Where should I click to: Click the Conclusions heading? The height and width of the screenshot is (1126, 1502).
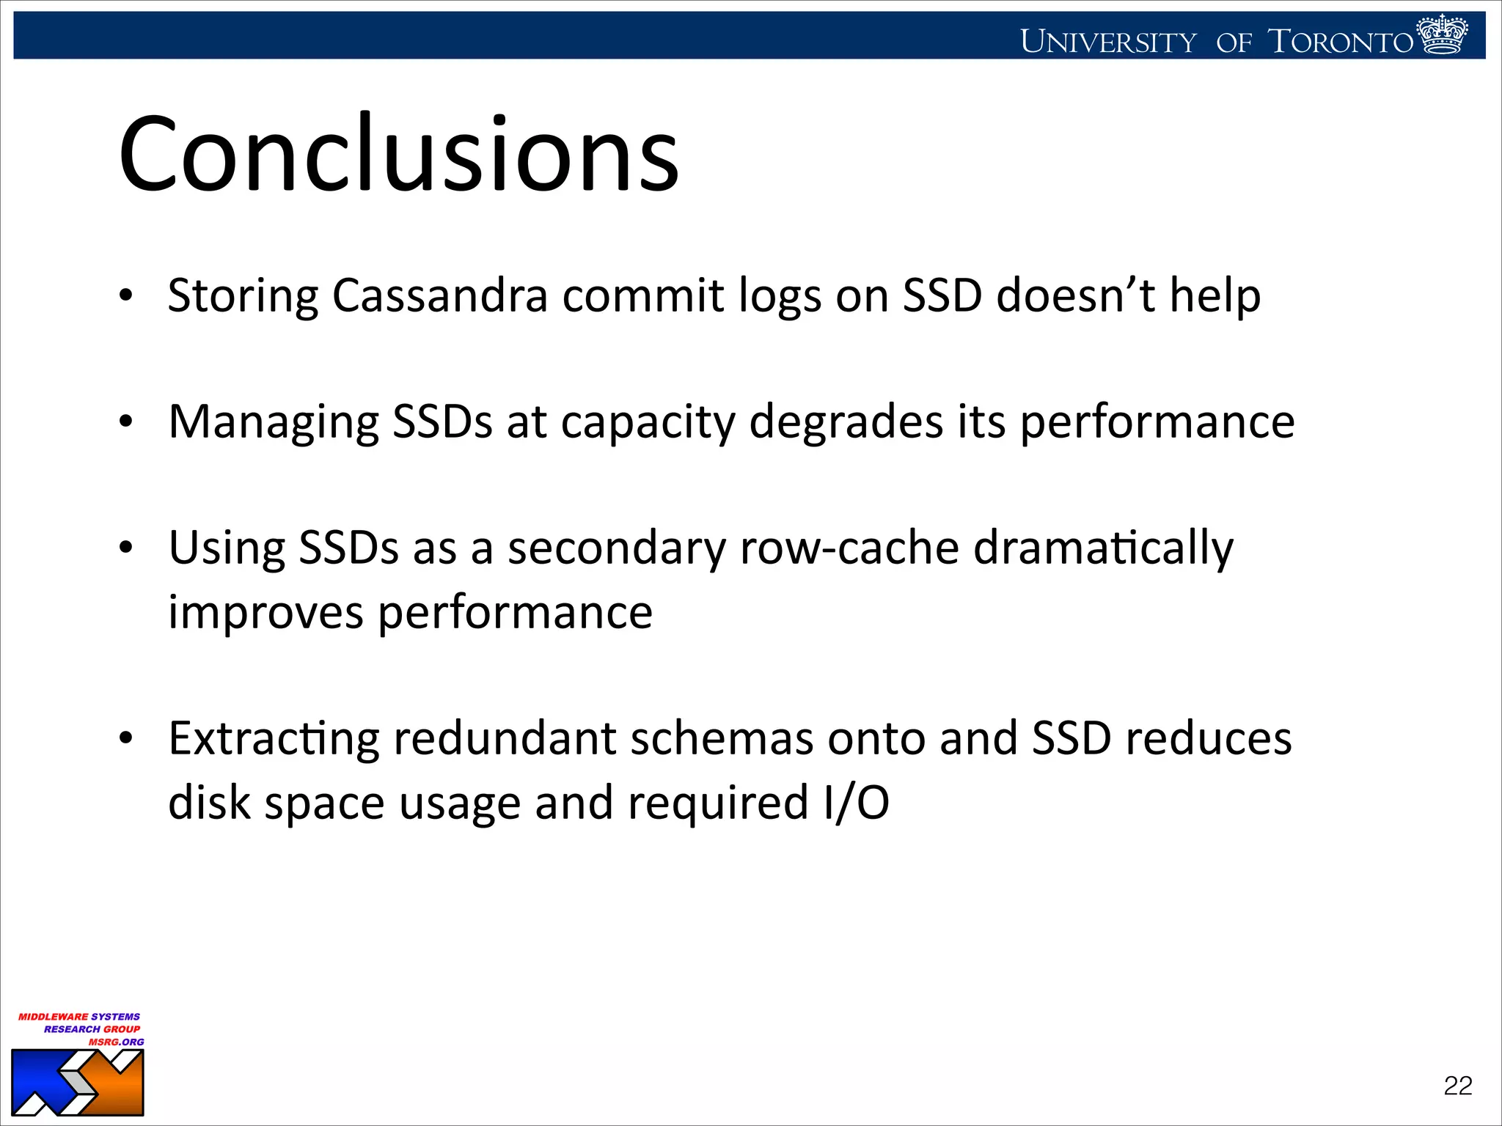point(400,155)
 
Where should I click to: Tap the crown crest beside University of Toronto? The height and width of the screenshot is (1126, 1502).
point(1442,35)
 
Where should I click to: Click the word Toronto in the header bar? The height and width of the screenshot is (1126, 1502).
point(1340,42)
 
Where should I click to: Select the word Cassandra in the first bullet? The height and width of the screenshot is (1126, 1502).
point(440,295)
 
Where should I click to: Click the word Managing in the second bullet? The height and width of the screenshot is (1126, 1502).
point(274,422)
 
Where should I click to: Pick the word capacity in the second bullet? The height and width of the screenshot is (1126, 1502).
point(648,424)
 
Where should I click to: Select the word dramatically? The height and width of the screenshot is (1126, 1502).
point(1103,548)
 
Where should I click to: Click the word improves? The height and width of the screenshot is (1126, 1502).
point(265,613)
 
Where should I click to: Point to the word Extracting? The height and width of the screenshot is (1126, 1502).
point(274,739)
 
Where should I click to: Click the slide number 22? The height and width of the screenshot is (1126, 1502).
point(1457,1086)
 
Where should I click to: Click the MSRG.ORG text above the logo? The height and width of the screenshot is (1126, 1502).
point(117,1042)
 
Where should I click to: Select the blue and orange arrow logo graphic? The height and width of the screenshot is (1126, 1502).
point(78,1082)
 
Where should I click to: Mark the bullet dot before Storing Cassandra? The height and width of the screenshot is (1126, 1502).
point(126,296)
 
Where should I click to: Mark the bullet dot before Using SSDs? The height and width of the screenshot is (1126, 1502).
point(126,548)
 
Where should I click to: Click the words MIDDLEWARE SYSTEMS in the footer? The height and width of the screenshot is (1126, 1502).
point(79,1017)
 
